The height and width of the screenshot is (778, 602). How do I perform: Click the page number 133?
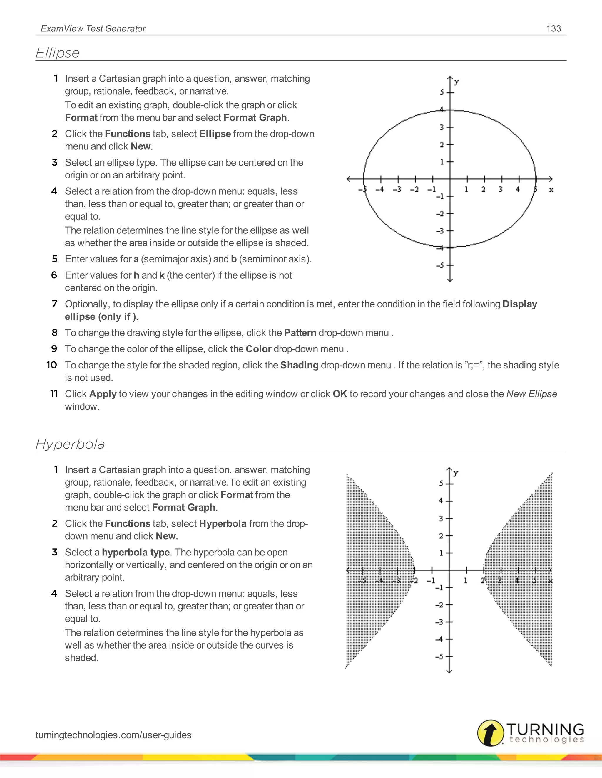tap(553, 28)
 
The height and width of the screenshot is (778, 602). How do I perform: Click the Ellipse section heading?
tap(57, 53)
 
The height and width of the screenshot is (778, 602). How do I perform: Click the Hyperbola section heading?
tap(70, 444)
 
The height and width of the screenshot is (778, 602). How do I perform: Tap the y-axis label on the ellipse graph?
tap(457, 82)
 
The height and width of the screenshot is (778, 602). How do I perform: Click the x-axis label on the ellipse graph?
tap(551, 190)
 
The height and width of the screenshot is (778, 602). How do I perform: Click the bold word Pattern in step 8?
tap(300, 333)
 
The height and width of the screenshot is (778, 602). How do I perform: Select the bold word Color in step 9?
tap(259, 349)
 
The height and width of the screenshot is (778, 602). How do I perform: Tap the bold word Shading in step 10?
tap(299, 365)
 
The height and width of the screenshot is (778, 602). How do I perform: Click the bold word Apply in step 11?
tap(103, 394)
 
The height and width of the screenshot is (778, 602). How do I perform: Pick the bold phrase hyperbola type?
tap(136, 552)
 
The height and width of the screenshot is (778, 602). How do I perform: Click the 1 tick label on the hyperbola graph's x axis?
tap(465, 581)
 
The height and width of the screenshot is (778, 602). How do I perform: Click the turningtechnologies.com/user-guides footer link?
tap(113, 735)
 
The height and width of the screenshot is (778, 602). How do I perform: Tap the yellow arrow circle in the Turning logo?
tap(491, 733)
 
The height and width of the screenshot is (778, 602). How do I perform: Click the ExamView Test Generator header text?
tap(93, 28)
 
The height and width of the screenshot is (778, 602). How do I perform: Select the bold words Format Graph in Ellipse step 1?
tap(255, 117)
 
